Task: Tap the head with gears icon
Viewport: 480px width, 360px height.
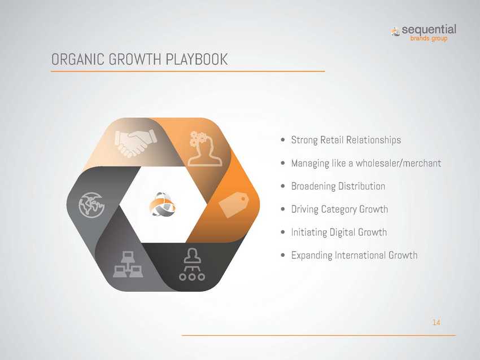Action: click(x=204, y=148)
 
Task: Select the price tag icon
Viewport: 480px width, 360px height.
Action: click(x=234, y=205)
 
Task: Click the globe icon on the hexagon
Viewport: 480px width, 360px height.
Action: click(x=91, y=205)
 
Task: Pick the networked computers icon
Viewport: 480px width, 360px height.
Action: click(x=128, y=264)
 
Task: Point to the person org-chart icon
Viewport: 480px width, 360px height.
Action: click(x=192, y=264)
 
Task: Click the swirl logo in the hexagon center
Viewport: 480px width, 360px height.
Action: click(x=162, y=204)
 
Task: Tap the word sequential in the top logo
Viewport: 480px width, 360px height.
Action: click(x=429, y=30)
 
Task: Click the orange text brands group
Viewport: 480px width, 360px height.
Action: click(x=429, y=38)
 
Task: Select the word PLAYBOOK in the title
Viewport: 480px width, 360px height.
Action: click(x=197, y=59)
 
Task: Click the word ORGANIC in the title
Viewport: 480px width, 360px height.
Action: click(x=78, y=59)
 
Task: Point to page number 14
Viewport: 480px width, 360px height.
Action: click(x=436, y=322)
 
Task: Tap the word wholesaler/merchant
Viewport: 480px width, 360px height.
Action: click(x=398, y=163)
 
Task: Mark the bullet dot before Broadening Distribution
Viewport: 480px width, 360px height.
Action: click(x=283, y=186)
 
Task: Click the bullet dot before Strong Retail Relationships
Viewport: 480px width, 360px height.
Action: click(x=283, y=140)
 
